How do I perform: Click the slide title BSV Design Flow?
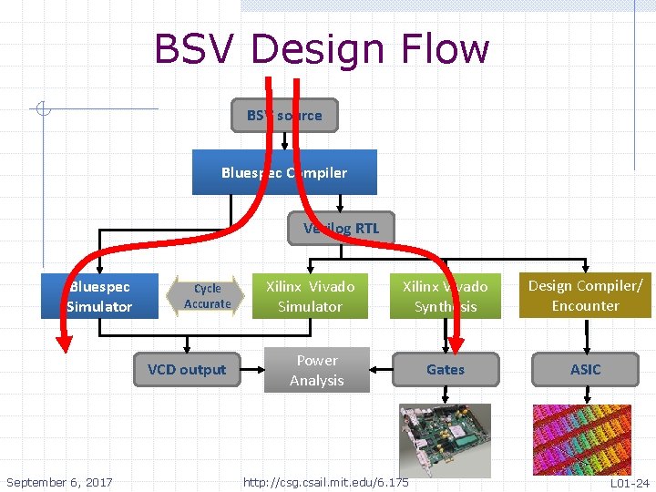(x=322, y=49)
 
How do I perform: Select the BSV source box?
(x=284, y=116)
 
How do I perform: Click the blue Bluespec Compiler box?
(x=284, y=172)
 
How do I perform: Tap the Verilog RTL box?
(x=341, y=228)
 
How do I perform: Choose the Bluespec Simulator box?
(x=99, y=296)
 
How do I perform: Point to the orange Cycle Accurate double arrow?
(x=207, y=296)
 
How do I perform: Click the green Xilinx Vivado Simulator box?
(x=310, y=296)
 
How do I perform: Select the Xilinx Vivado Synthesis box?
(x=446, y=296)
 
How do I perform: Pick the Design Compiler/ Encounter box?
(x=585, y=296)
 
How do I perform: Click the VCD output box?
(x=187, y=369)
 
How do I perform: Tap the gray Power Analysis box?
(x=317, y=370)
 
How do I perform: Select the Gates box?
(x=446, y=369)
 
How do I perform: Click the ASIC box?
(x=585, y=369)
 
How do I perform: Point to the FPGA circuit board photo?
(x=445, y=439)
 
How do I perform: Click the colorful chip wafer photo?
(x=584, y=439)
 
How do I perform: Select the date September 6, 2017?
(x=59, y=482)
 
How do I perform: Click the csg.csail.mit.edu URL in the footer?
(x=326, y=482)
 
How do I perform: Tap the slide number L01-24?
(x=630, y=482)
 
